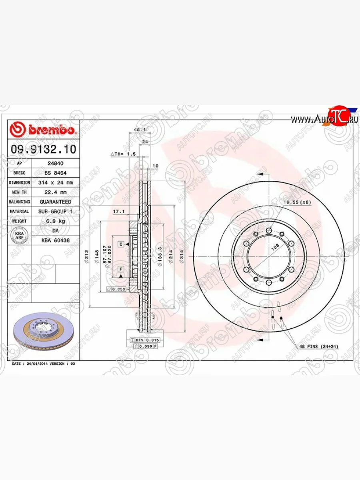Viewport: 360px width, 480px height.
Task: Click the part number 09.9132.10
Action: click(43, 150)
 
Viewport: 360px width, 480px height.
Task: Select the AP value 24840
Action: click(55, 164)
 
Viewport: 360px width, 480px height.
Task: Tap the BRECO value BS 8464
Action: click(56, 173)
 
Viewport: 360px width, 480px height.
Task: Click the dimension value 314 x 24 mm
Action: click(56, 182)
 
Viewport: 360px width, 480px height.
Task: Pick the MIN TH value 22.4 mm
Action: click(56, 192)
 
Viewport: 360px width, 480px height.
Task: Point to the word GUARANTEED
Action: click(56, 202)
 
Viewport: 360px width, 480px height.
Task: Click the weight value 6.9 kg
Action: click(56, 221)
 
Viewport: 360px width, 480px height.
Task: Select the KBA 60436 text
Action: click(56, 240)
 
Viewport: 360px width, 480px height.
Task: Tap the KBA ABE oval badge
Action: click(19, 236)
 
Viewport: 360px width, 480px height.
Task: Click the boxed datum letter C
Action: click(120, 244)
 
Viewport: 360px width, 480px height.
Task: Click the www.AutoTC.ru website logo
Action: click(324, 118)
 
